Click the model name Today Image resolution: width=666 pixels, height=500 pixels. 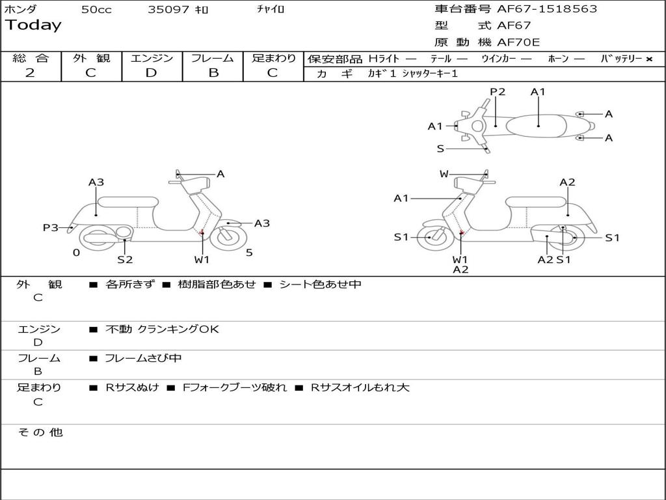pyautogui.click(x=33, y=25)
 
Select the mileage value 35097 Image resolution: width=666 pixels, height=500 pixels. pyautogui.click(x=168, y=10)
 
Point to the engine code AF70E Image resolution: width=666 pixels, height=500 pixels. pyautogui.click(x=518, y=42)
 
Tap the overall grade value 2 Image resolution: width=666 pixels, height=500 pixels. pyautogui.click(x=30, y=73)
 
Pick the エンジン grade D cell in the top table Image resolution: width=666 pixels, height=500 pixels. pyautogui.click(x=152, y=73)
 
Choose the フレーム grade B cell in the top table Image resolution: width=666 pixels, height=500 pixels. pyautogui.click(x=213, y=73)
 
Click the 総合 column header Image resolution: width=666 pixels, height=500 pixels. pyautogui.click(x=31, y=59)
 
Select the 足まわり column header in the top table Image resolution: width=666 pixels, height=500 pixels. pyautogui.click(x=273, y=59)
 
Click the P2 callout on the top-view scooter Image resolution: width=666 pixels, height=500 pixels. pyautogui.click(x=498, y=92)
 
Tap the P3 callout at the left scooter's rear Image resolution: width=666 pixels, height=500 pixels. pyautogui.click(x=51, y=227)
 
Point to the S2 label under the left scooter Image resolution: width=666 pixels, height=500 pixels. pyautogui.click(x=125, y=260)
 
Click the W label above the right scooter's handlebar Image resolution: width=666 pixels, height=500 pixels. pyautogui.click(x=444, y=174)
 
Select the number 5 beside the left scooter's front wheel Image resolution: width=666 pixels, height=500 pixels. pyautogui.click(x=249, y=253)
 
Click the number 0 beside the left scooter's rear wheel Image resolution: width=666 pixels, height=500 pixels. pyautogui.click(x=76, y=253)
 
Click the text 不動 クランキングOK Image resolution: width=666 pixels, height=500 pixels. pyautogui.click(x=162, y=329)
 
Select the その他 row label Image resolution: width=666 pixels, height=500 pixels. pyautogui.click(x=40, y=432)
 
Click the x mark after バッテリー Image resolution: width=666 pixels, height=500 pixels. pyautogui.click(x=648, y=59)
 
